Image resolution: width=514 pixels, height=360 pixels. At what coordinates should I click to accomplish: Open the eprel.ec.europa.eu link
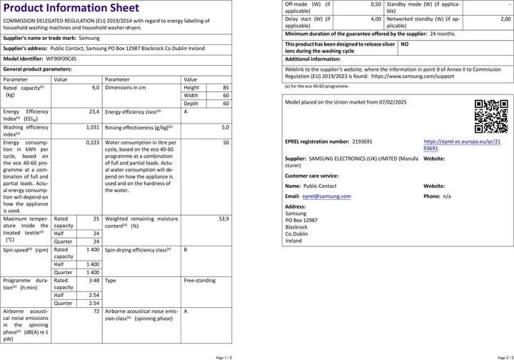coord(462,145)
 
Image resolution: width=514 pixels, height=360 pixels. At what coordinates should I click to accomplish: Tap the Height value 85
coord(226,86)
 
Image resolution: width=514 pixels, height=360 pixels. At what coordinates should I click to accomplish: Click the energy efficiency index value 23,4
coord(94,112)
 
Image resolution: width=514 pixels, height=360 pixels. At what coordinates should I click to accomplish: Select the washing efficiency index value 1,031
coord(92,127)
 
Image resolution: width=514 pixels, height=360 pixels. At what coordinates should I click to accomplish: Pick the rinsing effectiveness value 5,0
coord(225,127)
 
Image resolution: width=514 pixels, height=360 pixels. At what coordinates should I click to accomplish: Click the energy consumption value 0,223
coord(92,142)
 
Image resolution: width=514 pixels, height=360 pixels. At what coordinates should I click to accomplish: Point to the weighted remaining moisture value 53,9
coord(223,219)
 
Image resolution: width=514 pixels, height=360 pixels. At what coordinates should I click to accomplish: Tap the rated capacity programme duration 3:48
coord(94,281)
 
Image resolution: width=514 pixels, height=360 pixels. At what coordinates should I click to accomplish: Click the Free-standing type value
coord(199,281)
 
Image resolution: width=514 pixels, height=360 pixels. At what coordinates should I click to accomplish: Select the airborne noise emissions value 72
coord(96,311)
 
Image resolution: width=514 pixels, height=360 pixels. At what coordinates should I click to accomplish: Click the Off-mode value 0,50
coord(376,4)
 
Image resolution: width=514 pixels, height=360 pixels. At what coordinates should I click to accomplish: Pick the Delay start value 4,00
coord(376,19)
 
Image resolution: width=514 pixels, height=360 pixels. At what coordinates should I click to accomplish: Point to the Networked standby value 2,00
coord(505,19)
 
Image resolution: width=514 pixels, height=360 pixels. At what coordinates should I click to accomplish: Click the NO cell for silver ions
coord(405,44)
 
